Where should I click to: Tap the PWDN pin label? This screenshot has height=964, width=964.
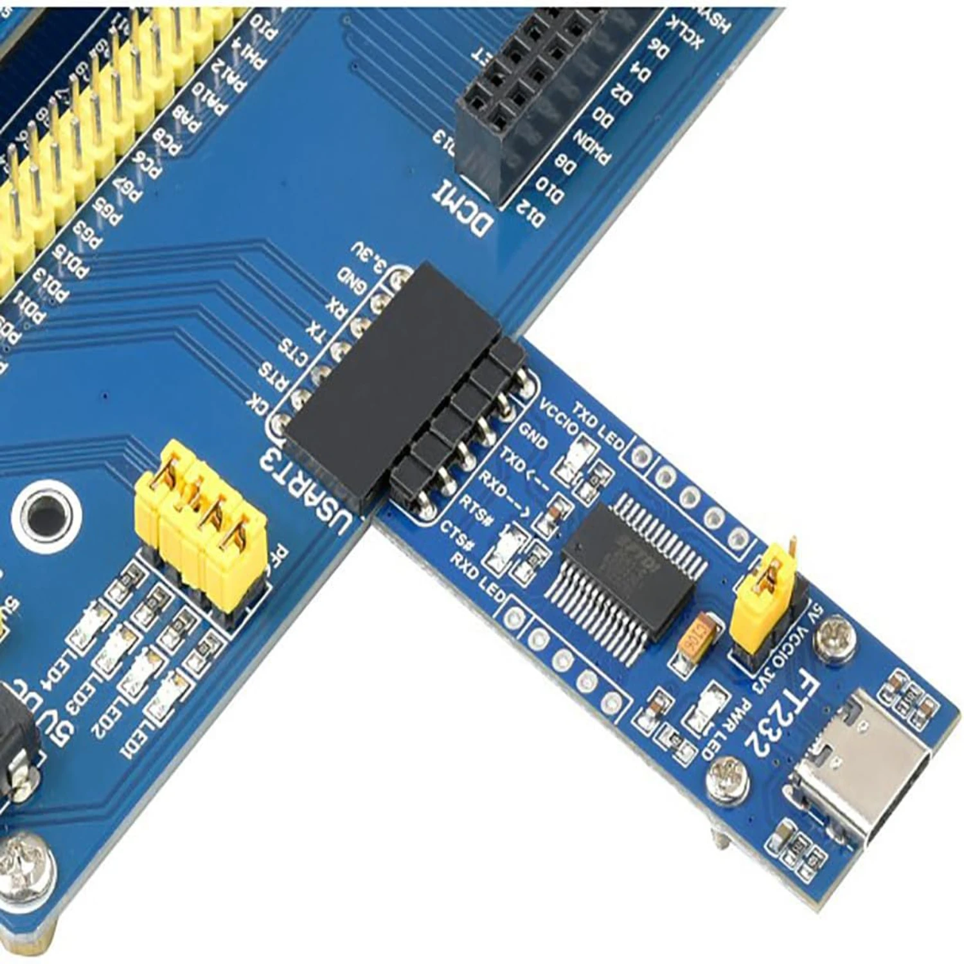coord(592,148)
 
